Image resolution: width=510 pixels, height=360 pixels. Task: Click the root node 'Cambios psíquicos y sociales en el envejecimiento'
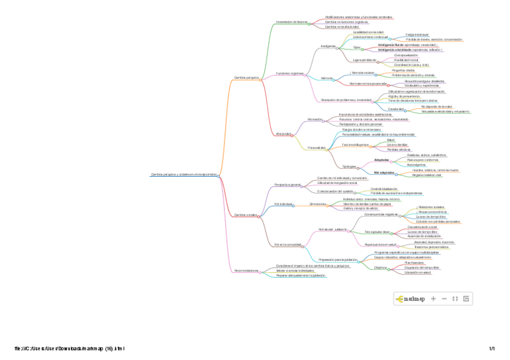tap(183, 175)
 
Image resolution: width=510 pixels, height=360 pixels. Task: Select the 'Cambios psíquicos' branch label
tap(246, 78)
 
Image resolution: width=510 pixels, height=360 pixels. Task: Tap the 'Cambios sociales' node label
tap(245, 214)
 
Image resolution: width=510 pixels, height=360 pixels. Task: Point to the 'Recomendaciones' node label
tap(245, 271)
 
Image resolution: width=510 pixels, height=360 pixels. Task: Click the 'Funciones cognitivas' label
tap(289, 73)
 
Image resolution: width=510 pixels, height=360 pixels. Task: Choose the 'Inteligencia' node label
tap(328, 46)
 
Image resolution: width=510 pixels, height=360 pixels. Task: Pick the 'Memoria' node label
tap(327, 79)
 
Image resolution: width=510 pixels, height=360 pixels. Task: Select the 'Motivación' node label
tap(315, 120)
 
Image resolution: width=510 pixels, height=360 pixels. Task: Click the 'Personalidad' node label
tap(316, 147)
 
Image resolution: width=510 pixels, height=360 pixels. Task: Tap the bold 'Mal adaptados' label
tap(384, 172)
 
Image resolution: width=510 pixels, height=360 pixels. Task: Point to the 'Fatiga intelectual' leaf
tap(417, 35)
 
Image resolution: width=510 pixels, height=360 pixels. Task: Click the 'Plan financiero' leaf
tap(415, 263)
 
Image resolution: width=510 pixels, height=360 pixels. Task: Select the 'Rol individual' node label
tap(283, 204)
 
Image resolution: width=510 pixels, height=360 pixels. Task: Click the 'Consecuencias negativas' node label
tap(381, 214)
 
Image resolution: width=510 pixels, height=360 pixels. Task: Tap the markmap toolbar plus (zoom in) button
tap(433, 299)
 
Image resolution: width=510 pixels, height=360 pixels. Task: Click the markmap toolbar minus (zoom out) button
tap(444, 299)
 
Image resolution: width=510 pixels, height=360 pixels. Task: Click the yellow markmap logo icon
tap(400, 299)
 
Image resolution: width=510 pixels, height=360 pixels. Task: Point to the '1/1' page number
tap(491, 349)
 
